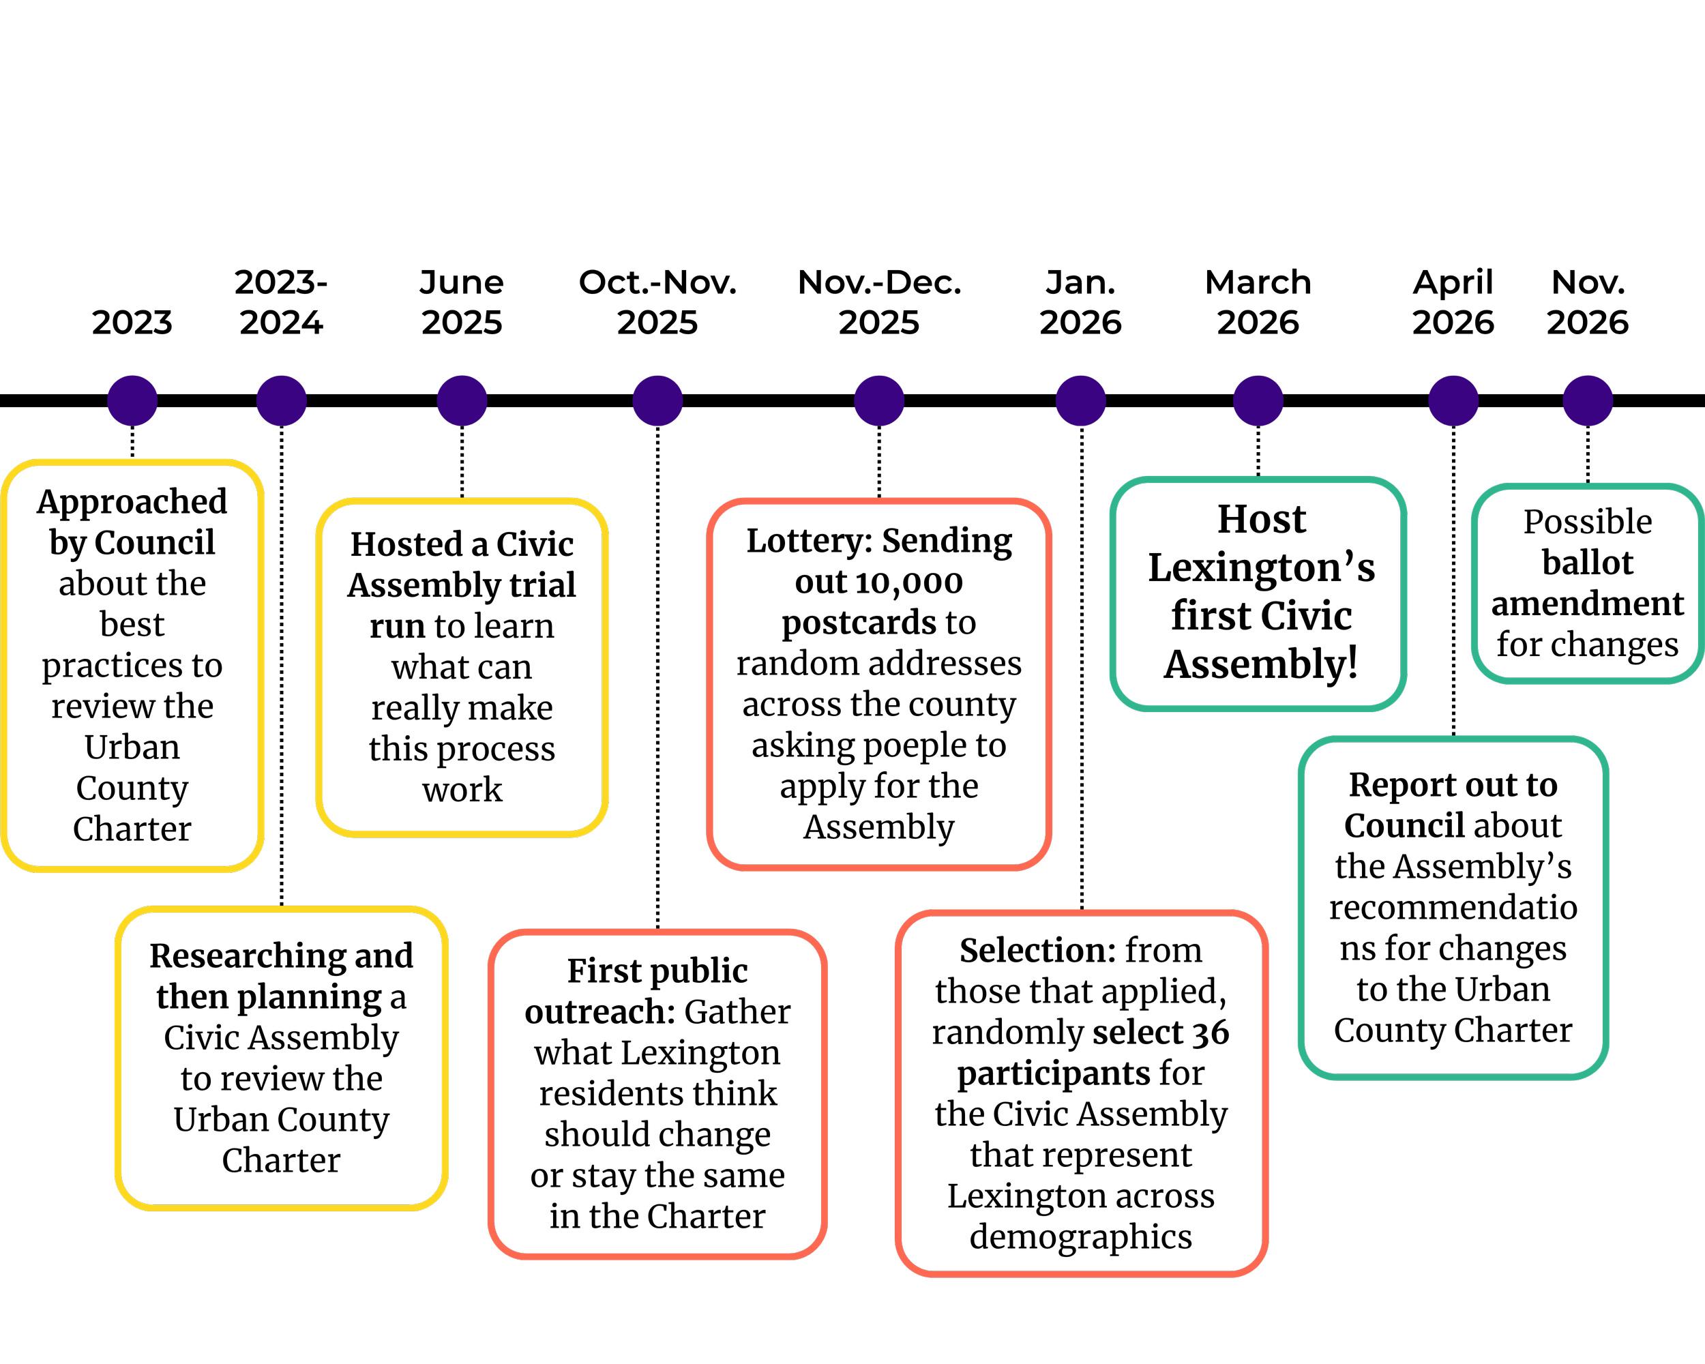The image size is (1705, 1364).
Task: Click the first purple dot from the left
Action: (132, 401)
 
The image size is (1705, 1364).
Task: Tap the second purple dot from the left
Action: (282, 401)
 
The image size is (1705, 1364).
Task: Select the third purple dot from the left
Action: (462, 401)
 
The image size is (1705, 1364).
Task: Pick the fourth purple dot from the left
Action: (657, 401)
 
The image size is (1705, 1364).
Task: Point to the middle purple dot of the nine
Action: (878, 401)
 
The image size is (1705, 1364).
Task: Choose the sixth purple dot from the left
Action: (1080, 401)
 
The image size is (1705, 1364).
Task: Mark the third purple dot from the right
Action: (1258, 401)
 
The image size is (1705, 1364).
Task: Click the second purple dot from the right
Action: (1453, 401)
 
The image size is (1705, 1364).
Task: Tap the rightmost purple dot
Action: (1588, 401)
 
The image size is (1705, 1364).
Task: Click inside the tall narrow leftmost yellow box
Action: (132, 665)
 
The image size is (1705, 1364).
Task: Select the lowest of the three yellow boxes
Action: (282, 1058)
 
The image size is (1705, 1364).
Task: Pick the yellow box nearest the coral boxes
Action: (462, 666)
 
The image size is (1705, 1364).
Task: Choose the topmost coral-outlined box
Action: (878, 684)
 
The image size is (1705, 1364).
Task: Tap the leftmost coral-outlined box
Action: (657, 1093)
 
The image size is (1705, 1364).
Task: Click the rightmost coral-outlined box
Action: (1082, 1093)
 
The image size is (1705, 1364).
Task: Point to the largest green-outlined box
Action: (1453, 908)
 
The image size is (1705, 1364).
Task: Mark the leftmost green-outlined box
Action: (1258, 594)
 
